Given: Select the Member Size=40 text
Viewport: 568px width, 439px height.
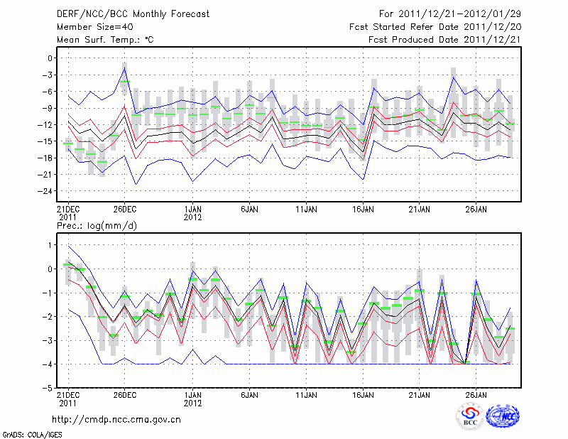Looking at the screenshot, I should [x=91, y=26].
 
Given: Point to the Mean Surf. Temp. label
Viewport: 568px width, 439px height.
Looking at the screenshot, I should [x=105, y=39].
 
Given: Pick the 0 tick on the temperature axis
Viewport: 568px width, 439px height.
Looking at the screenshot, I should [x=51, y=58].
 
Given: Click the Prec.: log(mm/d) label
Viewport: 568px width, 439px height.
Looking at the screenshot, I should [x=99, y=225].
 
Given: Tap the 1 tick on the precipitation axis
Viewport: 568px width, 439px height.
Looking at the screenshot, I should [x=51, y=245].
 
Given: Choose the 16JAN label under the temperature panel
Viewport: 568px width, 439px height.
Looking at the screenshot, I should [x=364, y=210].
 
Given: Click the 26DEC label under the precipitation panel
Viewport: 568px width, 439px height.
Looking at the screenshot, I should [x=125, y=394].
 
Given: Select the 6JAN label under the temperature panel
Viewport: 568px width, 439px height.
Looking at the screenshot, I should [x=249, y=210].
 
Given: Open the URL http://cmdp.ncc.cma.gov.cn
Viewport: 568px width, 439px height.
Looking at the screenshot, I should [x=116, y=420].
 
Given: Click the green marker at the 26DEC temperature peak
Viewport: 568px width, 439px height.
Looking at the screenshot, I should [x=125, y=82].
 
